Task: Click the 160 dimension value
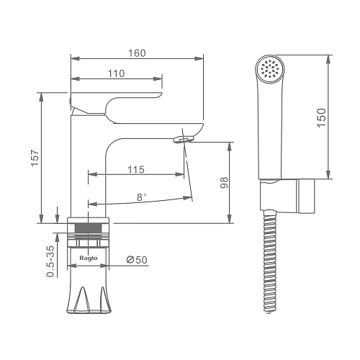[137, 53]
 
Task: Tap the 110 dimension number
[116, 73]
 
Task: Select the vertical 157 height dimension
[35, 158]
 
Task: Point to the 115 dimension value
[136, 170]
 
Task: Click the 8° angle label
[142, 197]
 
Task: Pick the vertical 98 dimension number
[224, 183]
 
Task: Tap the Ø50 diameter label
[137, 260]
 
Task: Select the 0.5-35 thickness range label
[50, 261]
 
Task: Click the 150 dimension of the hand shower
[322, 117]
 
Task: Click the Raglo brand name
[89, 258]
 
